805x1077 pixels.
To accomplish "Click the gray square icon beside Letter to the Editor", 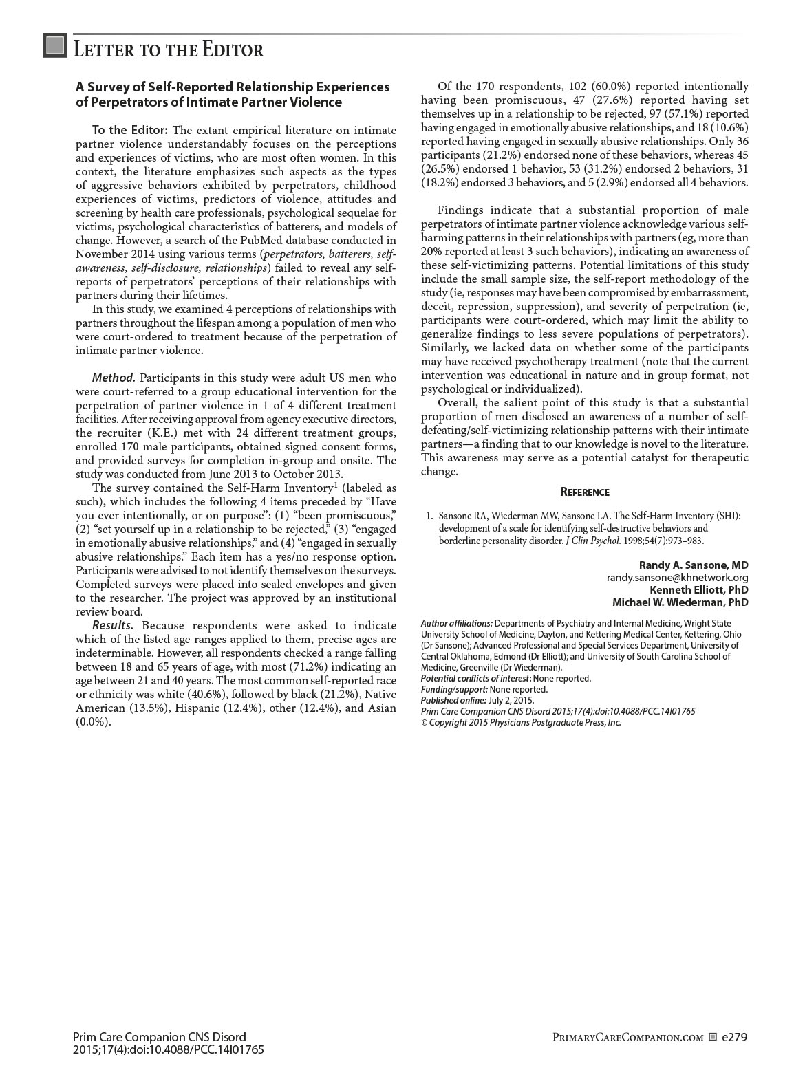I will pos(55,45).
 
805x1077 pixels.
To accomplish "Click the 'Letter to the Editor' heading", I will pos(168,50).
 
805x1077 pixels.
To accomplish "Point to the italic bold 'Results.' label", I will pos(113,626).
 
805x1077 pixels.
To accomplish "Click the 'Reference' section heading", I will pos(584,492).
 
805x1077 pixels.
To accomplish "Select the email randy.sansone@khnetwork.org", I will pos(677,578).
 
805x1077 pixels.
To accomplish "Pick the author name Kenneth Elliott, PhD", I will pos(699,590).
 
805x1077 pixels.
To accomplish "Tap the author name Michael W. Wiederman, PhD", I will pos(680,602).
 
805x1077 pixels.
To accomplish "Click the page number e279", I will pos(735,1037).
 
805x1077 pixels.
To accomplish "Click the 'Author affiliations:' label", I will pos(456,623).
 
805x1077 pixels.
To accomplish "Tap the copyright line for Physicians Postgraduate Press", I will pos(521,722).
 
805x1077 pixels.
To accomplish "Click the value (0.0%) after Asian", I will pos(93,722).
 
